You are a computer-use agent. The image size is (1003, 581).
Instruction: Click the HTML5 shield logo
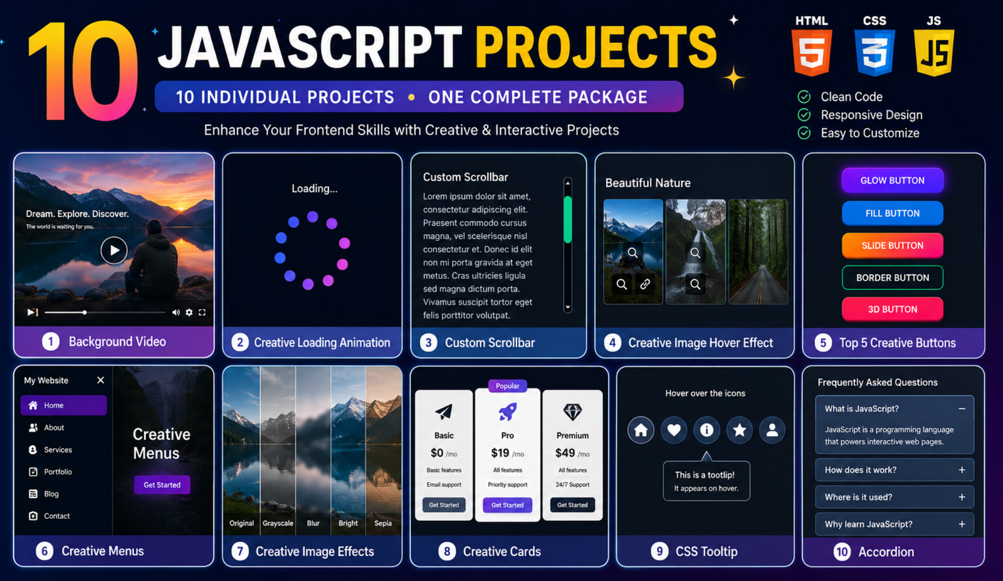pos(811,52)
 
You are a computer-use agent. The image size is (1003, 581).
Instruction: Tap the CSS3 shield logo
pos(874,52)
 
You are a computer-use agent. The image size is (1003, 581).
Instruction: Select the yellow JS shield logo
pos(934,52)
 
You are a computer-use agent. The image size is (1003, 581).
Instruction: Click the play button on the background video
pos(113,250)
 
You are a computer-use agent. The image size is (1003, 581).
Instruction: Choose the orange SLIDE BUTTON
pos(893,245)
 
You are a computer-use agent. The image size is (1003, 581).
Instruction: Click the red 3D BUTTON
pos(893,309)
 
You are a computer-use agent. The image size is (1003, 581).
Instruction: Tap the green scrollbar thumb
pos(568,219)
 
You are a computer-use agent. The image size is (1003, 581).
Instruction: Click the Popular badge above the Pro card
pos(507,385)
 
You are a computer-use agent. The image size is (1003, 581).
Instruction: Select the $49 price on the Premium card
pos(565,453)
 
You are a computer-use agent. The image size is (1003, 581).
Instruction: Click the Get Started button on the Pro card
pos(507,505)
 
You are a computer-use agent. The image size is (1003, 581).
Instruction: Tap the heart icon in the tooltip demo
pos(674,430)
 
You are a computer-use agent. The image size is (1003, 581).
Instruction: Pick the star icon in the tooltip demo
pos(739,430)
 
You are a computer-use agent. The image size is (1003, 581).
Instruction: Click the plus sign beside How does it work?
pos(962,470)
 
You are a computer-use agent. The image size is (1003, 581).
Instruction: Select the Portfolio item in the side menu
pos(58,472)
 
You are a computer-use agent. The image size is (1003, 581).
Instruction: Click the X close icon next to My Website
pos(101,380)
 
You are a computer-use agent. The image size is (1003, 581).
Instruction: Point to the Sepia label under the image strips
pos(383,523)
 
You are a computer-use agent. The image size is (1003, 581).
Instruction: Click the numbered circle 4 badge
pos(612,343)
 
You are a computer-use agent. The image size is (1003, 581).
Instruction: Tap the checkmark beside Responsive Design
pos(804,115)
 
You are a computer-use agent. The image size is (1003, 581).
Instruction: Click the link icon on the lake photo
pos(645,284)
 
